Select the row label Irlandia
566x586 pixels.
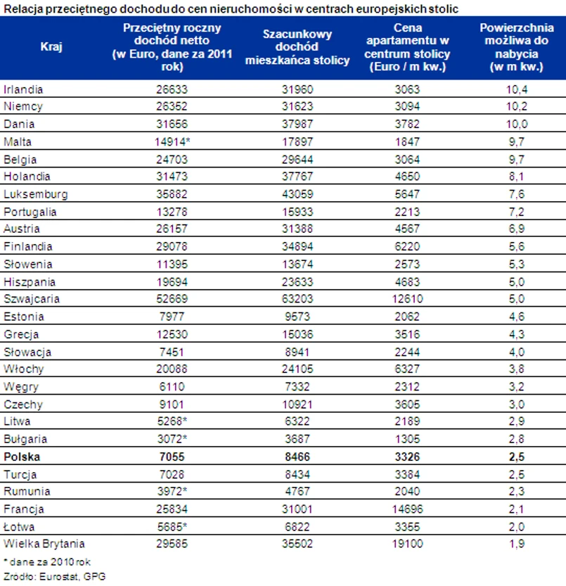pos(24,89)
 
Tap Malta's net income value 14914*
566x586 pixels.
pos(172,142)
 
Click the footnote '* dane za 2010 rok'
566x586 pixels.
pos(47,562)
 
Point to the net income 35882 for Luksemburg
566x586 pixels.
pos(172,194)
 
